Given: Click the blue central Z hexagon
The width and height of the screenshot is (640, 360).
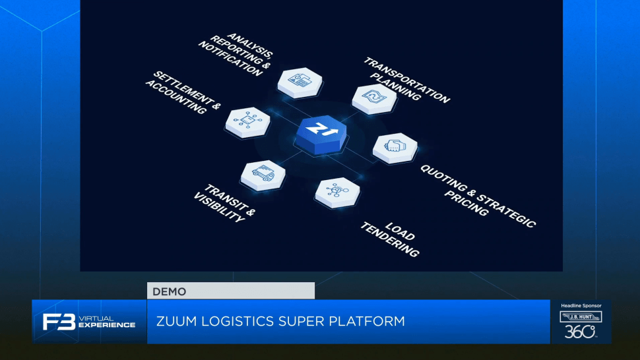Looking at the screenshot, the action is [321, 134].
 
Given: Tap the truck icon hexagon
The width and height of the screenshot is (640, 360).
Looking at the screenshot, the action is [263, 175].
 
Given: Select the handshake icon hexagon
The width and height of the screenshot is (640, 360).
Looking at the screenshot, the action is [395, 148].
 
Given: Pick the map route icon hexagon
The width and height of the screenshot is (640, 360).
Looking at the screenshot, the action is [374, 99].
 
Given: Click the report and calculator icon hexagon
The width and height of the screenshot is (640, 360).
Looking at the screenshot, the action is [300, 83].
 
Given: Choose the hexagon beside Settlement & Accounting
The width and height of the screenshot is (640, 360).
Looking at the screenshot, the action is [248, 122].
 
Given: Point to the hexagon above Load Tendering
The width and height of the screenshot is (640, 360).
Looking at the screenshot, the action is [338, 193].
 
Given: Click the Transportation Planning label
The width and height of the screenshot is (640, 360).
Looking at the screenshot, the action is [406, 80].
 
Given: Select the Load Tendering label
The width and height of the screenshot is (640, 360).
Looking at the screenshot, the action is [390, 239].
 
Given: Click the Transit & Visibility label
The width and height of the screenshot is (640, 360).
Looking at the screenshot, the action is [224, 203].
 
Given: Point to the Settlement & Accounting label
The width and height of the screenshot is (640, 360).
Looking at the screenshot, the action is [183, 93].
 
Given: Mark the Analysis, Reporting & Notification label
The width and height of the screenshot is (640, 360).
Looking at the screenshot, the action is [236, 55].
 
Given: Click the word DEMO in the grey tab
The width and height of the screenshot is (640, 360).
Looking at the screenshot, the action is [170, 291].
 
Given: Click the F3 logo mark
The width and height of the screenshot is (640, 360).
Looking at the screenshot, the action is [59, 322].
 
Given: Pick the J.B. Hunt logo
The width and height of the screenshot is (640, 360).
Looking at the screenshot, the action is [581, 316].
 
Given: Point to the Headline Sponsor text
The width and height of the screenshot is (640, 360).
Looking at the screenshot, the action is [581, 305].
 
